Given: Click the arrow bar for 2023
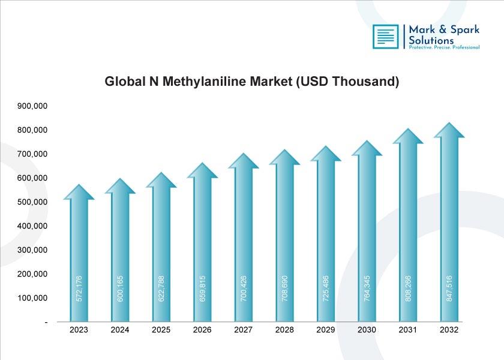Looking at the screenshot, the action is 79,254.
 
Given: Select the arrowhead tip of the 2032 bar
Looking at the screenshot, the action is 449,122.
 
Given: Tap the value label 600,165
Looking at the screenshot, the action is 120,289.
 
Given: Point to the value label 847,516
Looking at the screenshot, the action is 449,289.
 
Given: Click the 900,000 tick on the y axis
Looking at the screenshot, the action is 32,106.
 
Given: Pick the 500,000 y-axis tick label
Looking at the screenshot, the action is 32,202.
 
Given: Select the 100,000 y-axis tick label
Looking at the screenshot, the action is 32,298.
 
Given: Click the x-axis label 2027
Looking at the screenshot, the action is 244,330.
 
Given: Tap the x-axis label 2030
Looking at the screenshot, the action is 367,330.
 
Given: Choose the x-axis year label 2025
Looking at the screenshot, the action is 161,330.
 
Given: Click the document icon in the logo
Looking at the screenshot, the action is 386,37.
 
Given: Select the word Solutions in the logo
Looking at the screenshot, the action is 431,41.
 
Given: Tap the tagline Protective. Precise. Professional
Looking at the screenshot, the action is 444,47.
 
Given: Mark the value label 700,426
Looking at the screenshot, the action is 244,289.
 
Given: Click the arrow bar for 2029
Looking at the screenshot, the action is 326,234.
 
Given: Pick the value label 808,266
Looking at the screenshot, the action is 408,289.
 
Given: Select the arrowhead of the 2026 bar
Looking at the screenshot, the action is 202,170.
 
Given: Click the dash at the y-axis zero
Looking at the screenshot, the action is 46,322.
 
